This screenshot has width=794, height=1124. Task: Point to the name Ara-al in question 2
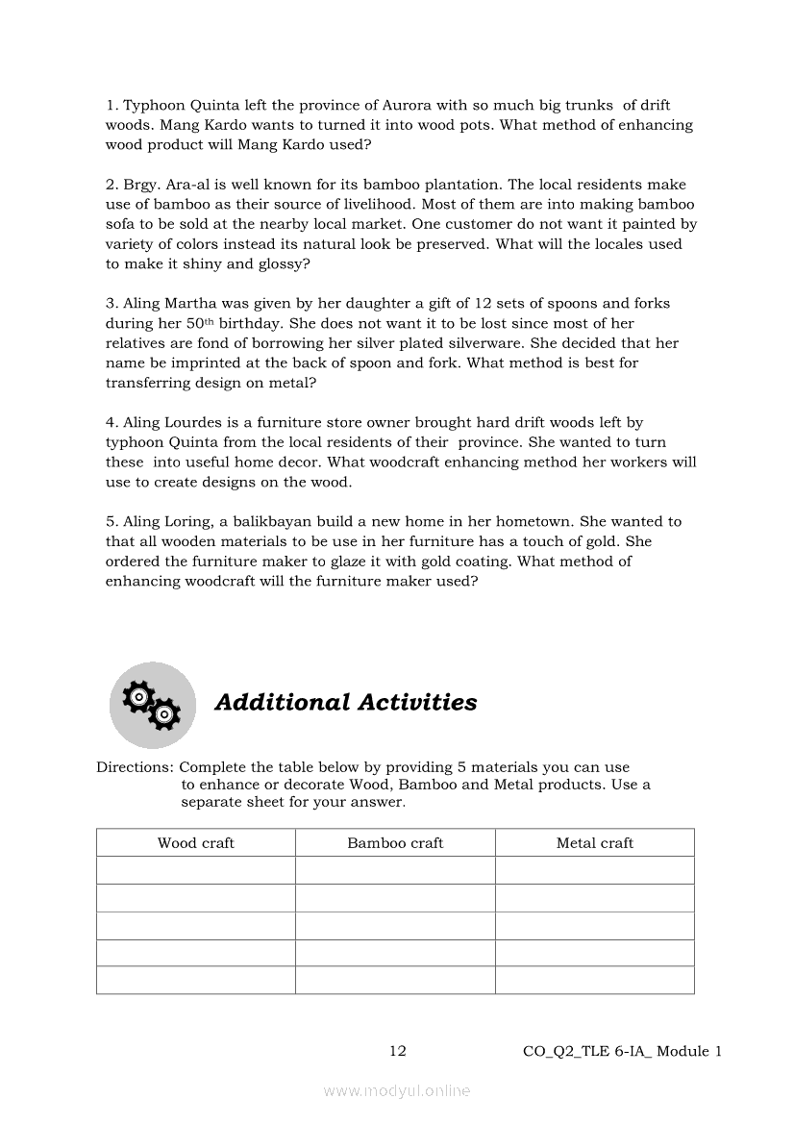(x=187, y=184)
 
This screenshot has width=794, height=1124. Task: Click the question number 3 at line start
(x=111, y=303)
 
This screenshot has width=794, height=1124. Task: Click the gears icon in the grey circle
(x=153, y=705)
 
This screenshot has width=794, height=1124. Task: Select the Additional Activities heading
(x=346, y=702)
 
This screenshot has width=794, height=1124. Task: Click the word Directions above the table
(x=134, y=767)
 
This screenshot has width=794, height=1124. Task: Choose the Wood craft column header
(x=196, y=843)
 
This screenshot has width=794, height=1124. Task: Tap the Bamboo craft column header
(x=395, y=843)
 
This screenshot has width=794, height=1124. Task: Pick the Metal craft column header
(x=595, y=843)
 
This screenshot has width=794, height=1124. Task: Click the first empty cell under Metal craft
(x=595, y=870)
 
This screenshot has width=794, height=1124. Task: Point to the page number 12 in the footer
(x=397, y=1051)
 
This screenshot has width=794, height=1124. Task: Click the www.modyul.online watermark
(x=397, y=1090)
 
